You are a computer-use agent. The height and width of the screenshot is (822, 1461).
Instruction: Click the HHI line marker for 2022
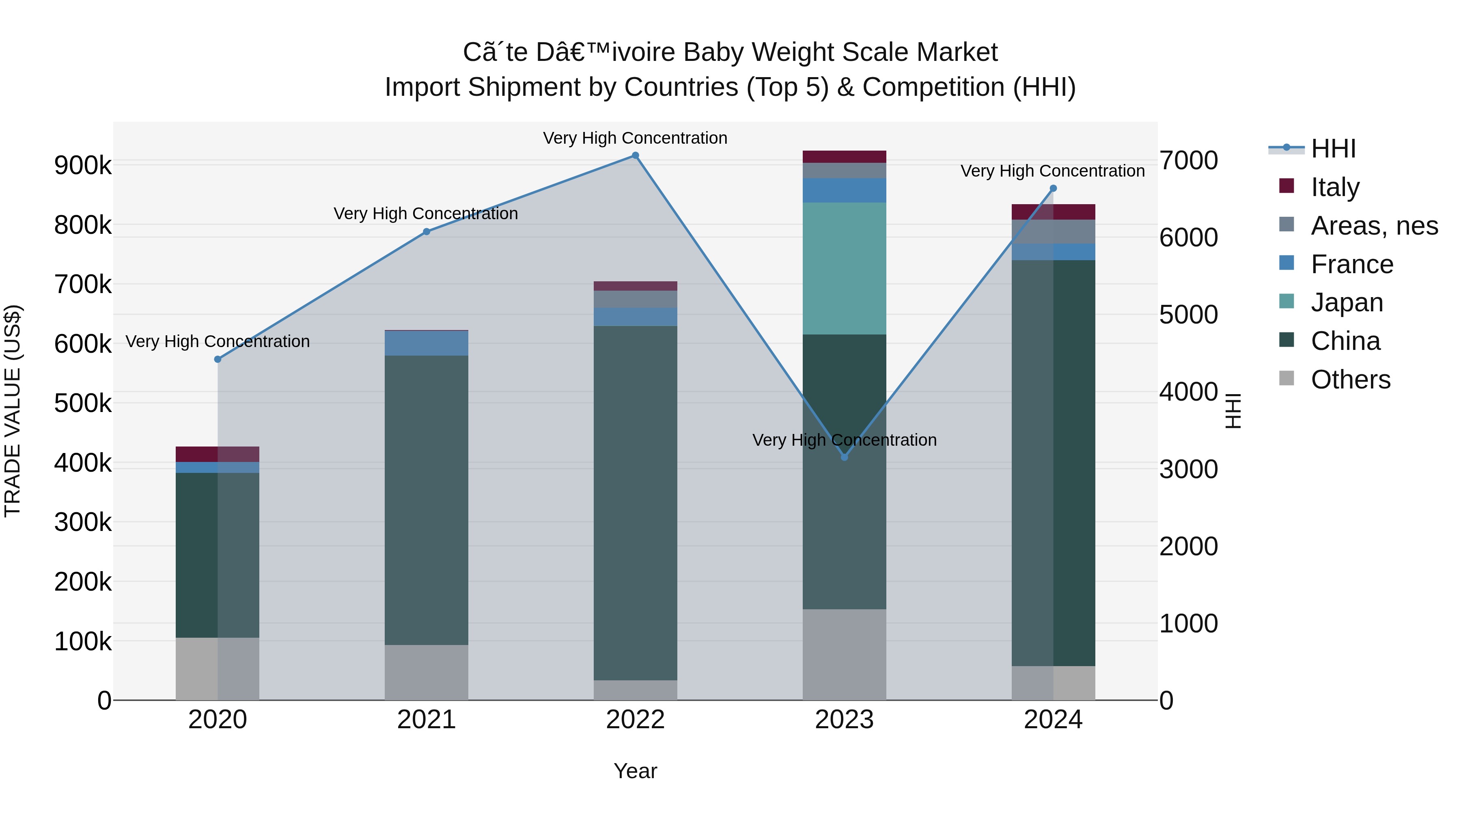(x=635, y=155)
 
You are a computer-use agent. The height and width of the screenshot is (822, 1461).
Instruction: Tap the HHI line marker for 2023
(x=844, y=457)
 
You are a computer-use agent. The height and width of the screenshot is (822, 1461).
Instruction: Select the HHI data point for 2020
(x=218, y=359)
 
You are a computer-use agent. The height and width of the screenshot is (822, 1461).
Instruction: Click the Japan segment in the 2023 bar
(x=844, y=268)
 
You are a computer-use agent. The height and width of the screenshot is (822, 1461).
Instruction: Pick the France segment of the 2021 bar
(x=427, y=343)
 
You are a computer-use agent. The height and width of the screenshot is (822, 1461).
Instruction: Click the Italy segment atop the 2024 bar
(x=1053, y=211)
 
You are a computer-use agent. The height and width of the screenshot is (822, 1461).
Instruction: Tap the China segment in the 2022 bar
(x=635, y=503)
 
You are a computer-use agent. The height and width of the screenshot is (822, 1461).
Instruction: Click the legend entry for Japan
(x=1347, y=302)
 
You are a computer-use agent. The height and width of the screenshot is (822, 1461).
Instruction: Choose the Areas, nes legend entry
(x=1374, y=226)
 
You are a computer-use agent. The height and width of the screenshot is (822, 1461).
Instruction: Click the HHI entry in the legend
(x=1333, y=149)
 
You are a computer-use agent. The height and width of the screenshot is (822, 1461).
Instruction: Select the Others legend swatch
(x=1287, y=378)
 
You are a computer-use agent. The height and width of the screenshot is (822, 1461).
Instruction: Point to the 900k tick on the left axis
(x=83, y=166)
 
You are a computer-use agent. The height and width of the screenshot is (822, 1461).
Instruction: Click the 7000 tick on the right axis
(x=1189, y=160)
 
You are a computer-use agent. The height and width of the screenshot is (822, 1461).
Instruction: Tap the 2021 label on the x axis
(x=427, y=720)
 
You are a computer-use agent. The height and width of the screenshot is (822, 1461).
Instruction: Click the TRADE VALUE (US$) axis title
(x=13, y=411)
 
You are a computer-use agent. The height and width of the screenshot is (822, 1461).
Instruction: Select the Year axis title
(x=635, y=771)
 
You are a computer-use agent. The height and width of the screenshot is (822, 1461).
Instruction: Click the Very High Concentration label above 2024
(x=1053, y=171)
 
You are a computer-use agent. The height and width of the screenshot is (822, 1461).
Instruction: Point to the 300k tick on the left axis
(x=83, y=522)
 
